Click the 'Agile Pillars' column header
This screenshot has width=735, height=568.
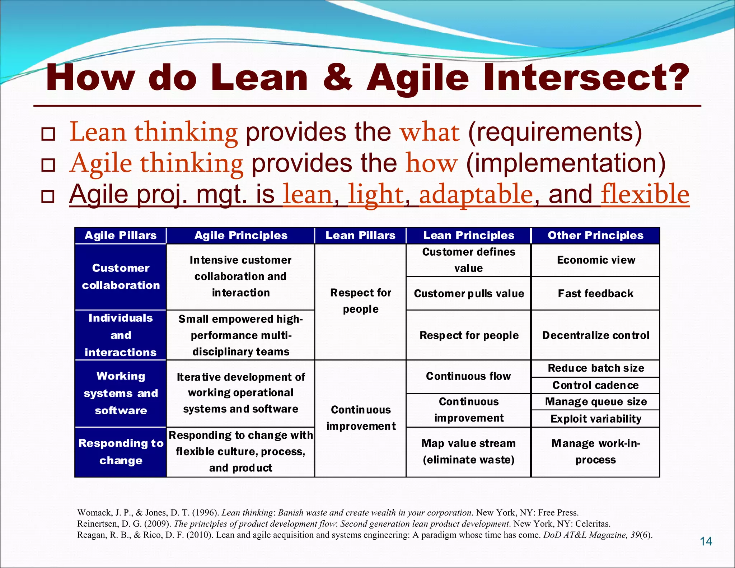121,236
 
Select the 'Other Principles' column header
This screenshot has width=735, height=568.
595,236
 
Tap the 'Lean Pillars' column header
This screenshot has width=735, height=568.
360,236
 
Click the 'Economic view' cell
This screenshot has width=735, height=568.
596,260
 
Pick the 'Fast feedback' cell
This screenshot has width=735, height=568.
596,293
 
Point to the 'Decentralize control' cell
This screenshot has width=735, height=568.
596,335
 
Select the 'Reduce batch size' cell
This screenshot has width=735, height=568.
596,368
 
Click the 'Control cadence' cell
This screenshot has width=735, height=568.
596,385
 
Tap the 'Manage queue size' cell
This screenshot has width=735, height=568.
596,402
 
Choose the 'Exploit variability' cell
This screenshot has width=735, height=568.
596,419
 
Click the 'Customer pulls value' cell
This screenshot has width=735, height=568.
469,293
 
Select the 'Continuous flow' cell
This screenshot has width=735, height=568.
468,376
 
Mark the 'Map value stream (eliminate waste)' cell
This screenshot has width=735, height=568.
468,452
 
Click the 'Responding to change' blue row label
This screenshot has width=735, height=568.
121,452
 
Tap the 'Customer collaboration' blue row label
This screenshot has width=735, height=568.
121,276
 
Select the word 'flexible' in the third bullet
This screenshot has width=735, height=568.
645,194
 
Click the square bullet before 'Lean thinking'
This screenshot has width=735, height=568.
48,134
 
